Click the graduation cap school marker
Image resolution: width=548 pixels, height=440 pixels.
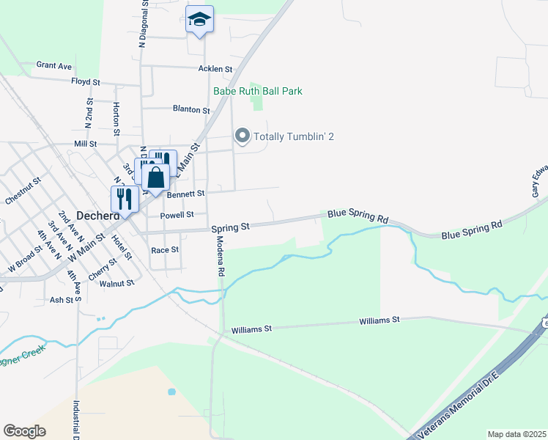click(x=199, y=20)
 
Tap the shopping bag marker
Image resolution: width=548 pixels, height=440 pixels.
click(x=156, y=177)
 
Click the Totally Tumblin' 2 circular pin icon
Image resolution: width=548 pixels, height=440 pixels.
click(x=242, y=136)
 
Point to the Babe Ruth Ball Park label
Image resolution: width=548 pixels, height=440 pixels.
click(x=257, y=91)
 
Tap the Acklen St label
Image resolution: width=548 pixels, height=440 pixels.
click(x=215, y=69)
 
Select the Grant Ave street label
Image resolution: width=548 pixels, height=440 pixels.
click(x=54, y=65)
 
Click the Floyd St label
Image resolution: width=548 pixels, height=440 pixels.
click(x=85, y=81)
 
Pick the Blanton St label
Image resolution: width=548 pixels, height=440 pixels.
click(x=191, y=109)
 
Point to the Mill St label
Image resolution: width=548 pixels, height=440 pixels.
click(x=86, y=144)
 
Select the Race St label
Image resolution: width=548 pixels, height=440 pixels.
click(x=165, y=250)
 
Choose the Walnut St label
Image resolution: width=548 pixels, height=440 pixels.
click(x=117, y=282)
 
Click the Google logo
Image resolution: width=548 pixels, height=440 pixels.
click(x=24, y=431)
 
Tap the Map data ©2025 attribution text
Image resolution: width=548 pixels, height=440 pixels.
click(x=516, y=434)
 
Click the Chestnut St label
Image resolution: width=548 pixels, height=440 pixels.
click(x=21, y=190)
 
